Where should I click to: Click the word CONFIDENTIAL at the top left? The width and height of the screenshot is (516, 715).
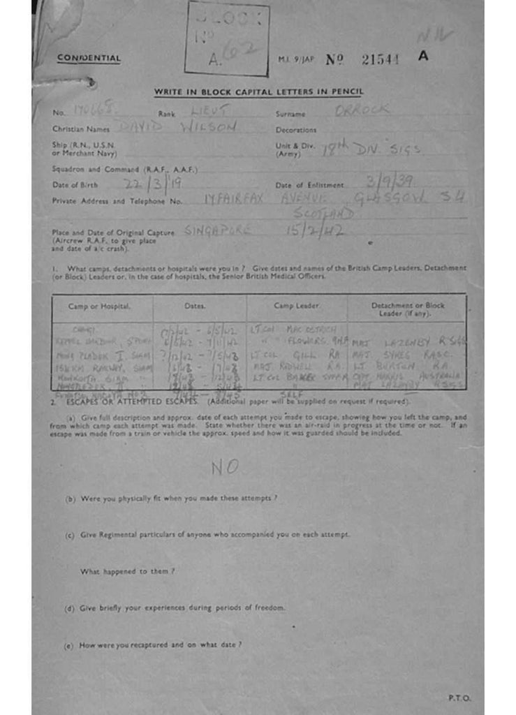[89, 59]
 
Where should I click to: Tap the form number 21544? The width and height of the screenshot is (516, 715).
[381, 60]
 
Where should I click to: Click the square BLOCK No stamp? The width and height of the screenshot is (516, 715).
[227, 38]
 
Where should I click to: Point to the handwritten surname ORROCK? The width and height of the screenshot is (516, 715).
[362, 110]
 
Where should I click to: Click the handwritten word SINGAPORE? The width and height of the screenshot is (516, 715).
[218, 230]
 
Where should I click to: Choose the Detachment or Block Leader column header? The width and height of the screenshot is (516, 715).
[407, 309]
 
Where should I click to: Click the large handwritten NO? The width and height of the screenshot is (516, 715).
[226, 468]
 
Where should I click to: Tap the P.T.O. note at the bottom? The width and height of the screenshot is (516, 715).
[459, 698]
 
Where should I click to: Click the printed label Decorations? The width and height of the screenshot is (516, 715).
[296, 130]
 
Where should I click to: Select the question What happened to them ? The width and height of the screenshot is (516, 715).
[127, 571]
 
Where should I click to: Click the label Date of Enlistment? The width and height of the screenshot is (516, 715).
[309, 185]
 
